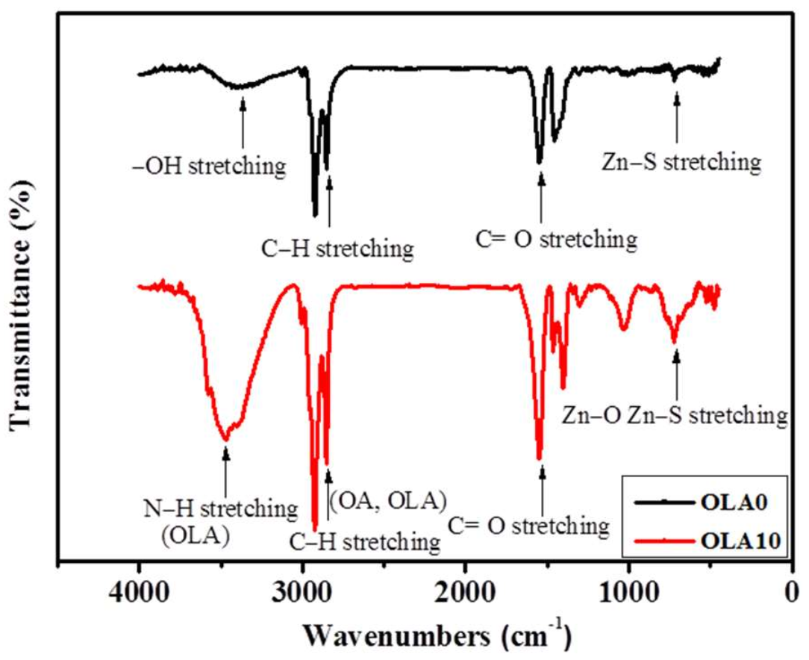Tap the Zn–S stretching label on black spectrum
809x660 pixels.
pyautogui.click(x=681, y=161)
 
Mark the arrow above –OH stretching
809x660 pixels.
pyautogui.click(x=243, y=122)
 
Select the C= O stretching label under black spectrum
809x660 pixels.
pyautogui.click(x=555, y=240)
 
